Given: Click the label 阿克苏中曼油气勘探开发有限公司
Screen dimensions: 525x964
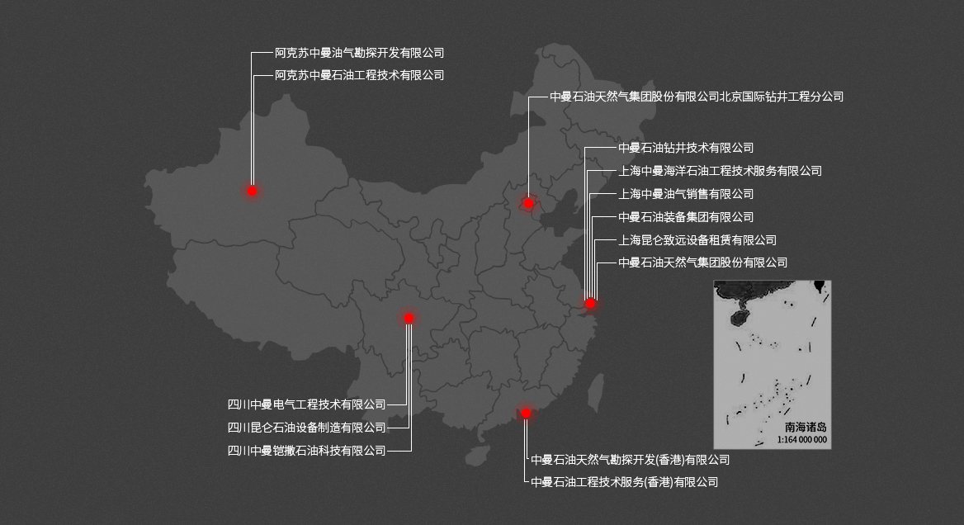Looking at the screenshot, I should click(x=359, y=53).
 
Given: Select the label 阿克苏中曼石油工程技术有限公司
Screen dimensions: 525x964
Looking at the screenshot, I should click(x=359, y=75).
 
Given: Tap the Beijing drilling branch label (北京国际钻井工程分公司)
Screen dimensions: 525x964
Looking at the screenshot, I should click(x=697, y=97).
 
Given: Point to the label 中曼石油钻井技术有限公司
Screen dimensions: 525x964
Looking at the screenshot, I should click(x=686, y=148).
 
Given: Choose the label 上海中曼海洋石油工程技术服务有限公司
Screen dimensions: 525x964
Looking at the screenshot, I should click(x=720, y=171).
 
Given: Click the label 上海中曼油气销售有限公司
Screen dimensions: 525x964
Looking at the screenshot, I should click(x=686, y=194).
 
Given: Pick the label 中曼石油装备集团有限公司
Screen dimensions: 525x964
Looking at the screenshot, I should click(x=686, y=217).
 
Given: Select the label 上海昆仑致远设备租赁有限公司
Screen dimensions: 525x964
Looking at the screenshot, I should click(x=697, y=240).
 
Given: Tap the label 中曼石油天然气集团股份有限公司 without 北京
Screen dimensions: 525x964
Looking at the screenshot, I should click(x=702, y=262).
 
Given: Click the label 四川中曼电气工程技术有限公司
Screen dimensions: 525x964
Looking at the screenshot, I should click(x=307, y=404).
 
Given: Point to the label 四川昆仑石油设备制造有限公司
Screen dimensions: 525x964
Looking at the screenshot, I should click(x=307, y=428).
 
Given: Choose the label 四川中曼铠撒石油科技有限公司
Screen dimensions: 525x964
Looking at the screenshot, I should click(x=307, y=451).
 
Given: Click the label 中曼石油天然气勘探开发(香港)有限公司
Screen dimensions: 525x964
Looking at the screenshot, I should click(x=630, y=460).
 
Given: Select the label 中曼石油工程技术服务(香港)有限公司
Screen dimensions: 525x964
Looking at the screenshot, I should click(x=624, y=482).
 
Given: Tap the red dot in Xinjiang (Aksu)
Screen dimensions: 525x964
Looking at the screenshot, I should click(x=253, y=191).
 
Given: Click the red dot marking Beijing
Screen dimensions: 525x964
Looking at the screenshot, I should click(x=529, y=203).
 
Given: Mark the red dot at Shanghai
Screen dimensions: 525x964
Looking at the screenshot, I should click(x=591, y=304).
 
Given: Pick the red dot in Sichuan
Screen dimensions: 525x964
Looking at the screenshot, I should click(x=409, y=318).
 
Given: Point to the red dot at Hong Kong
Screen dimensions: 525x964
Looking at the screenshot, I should click(x=526, y=413).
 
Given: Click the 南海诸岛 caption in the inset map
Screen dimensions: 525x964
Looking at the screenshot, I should click(x=806, y=428).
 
